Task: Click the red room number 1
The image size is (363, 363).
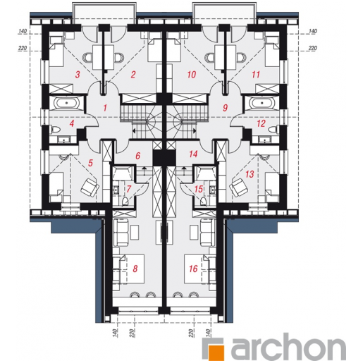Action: (105, 108)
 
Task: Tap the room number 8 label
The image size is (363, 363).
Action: (135, 269)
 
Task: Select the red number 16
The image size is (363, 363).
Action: (193, 269)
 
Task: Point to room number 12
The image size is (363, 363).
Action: (262, 123)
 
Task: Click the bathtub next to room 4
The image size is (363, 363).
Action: (67, 103)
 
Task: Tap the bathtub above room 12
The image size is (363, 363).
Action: (262, 103)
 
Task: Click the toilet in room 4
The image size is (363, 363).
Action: (55, 130)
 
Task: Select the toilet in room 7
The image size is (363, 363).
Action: (125, 202)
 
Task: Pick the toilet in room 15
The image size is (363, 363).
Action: (204, 202)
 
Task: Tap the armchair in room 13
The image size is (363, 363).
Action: (239, 187)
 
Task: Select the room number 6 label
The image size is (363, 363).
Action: (138, 156)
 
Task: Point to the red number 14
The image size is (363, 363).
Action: (193, 154)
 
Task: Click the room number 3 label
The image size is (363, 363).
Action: (78, 75)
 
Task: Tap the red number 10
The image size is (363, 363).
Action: (192, 75)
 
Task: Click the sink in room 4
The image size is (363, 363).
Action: (63, 140)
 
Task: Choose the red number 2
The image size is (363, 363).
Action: (133, 75)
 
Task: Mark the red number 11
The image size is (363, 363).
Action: (256, 75)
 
